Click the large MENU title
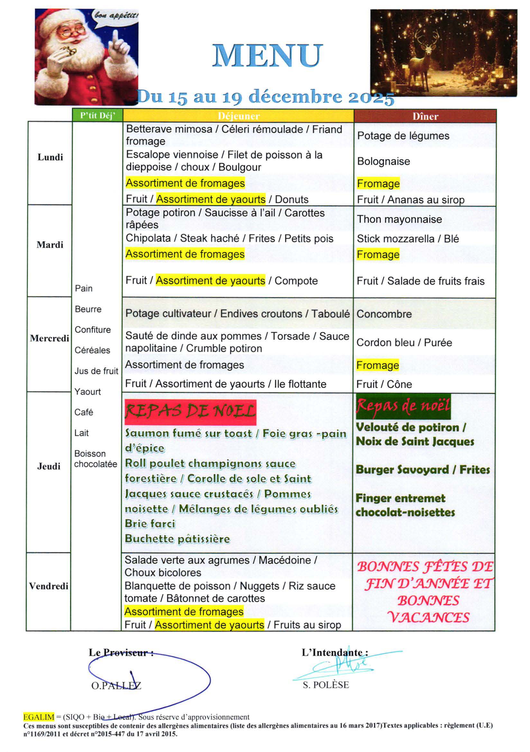point(267,56)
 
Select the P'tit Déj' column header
point(97,116)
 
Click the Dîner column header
point(425,116)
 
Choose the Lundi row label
point(50,157)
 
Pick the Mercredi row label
point(50,338)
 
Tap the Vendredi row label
point(49,586)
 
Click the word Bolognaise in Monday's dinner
point(383,161)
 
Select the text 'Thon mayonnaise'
point(399,219)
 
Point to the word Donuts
point(292,199)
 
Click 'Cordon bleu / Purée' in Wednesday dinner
point(404,343)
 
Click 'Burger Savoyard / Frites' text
point(423,470)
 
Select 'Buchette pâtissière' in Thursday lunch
point(177,539)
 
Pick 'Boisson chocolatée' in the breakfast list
point(95,459)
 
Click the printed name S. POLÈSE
point(325,685)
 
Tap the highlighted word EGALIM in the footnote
point(38,717)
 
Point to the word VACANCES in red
point(428,617)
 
